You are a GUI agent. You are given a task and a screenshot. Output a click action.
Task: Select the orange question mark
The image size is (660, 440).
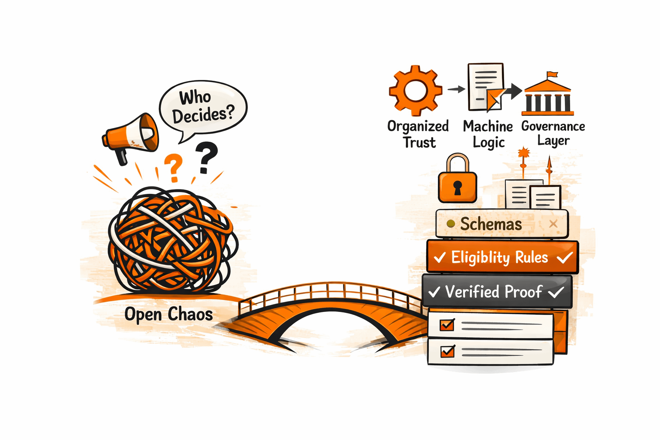(x=174, y=168)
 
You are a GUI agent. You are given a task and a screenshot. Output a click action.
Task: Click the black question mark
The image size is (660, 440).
(x=206, y=158)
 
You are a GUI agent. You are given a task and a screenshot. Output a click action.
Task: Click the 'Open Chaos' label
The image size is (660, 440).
(x=168, y=314)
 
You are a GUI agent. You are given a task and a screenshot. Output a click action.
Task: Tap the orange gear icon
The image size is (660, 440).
(x=415, y=90)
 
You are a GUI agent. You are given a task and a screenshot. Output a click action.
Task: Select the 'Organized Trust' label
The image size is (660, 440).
(x=418, y=134)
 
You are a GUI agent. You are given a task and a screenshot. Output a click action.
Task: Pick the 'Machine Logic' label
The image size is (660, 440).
(x=488, y=134)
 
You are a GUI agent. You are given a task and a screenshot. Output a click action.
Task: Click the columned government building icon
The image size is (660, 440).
(x=548, y=97)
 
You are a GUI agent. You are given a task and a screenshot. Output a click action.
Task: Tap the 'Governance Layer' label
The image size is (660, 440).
(x=553, y=133)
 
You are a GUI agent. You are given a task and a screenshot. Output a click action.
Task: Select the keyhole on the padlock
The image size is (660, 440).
(x=458, y=187)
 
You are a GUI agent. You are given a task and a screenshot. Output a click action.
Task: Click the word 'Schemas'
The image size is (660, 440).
(x=491, y=224)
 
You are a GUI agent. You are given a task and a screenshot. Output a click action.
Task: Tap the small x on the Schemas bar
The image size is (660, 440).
(x=553, y=223)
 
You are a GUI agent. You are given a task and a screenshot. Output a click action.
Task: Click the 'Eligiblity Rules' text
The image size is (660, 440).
(x=499, y=257)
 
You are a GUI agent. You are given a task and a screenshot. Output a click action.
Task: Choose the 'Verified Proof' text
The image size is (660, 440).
(x=494, y=292)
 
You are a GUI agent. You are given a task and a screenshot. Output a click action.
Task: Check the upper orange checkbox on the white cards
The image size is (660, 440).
(x=447, y=324)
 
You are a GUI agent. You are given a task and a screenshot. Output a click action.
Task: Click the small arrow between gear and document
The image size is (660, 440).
(x=456, y=89)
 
